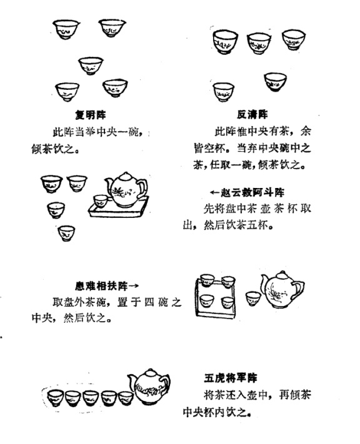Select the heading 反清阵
[252, 114]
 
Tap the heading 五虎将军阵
[229, 378]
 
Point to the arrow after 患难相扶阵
[133, 287]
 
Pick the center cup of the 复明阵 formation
[91, 64]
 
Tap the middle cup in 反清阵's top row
[259, 42]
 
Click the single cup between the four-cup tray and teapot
[252, 297]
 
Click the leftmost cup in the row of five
[56, 397]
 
